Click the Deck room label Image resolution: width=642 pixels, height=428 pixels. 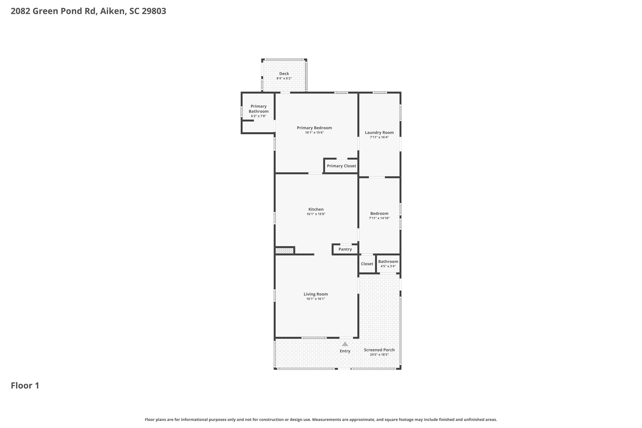coord(284,74)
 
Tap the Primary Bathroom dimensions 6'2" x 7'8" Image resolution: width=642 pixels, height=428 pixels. coord(259,116)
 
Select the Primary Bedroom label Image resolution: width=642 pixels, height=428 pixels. coord(314,128)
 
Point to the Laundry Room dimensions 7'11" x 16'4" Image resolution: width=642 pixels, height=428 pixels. coord(379,137)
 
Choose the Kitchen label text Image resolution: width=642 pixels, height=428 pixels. coord(316,209)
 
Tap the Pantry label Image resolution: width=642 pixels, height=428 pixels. coord(345,249)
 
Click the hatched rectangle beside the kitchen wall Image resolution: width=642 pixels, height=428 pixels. coord(284,251)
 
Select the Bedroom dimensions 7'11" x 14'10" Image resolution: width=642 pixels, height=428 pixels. coord(379,218)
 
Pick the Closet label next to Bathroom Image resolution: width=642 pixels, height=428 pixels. coord(367,264)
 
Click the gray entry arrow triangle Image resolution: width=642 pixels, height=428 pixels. coord(345,344)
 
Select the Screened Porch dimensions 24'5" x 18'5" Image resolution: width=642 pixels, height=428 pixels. coord(379,355)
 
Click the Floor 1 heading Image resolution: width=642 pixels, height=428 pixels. coord(25,386)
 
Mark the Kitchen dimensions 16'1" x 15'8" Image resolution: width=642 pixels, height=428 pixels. coord(316,214)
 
